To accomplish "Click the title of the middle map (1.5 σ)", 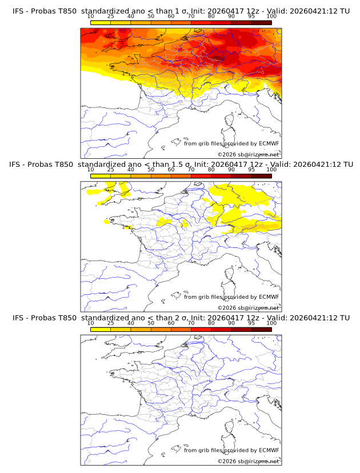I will pos(181,165).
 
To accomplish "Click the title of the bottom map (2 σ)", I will pos(181,318).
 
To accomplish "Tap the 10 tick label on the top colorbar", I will pos(91,16).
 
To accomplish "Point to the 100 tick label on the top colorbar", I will pos(271,16).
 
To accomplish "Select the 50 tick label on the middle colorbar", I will pos(151,170).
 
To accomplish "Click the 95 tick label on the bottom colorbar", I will pos(251,323).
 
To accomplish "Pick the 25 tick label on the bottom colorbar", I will pos(111,323).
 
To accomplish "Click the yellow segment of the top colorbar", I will pos(101,22).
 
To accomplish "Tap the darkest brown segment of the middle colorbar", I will pos(261,176).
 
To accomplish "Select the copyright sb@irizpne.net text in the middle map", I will pos(248,308).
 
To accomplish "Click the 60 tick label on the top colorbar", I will pos(171,16).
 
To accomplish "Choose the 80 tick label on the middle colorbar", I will pos(211,170).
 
